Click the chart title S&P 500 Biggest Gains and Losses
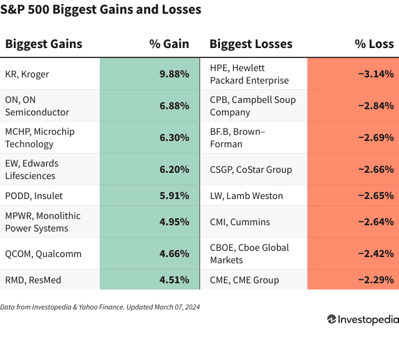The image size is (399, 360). (101, 10)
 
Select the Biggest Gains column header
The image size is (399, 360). (44, 44)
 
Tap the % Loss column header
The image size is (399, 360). (374, 44)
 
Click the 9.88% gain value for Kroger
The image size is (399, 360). (174, 74)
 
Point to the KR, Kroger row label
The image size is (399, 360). (27, 74)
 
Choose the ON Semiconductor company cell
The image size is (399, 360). (37, 106)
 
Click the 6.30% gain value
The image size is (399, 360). (174, 138)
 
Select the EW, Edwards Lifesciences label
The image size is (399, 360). (32, 170)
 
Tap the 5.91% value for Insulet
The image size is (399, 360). (174, 196)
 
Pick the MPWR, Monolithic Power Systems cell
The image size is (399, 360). (43, 222)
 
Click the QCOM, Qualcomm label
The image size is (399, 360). (36, 254)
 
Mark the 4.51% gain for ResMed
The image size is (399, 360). (174, 280)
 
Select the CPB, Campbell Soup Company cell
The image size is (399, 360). (252, 106)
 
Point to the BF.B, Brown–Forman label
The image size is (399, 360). (237, 138)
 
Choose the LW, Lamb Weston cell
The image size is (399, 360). (246, 196)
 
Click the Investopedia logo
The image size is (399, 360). (362, 319)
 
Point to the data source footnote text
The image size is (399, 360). (100, 307)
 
